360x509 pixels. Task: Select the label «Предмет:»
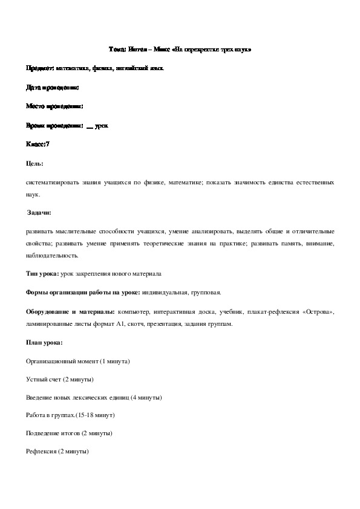click(x=41, y=68)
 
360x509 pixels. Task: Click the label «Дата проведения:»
click(x=53, y=88)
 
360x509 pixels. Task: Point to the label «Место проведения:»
click(x=54, y=106)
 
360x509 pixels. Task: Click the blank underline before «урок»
click(x=90, y=126)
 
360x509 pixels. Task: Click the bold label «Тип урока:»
click(x=42, y=273)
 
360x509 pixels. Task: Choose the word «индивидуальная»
click(x=166, y=292)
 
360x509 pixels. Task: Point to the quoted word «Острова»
click(x=315, y=311)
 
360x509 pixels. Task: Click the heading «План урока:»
click(x=44, y=342)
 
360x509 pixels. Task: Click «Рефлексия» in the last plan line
click(x=41, y=452)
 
